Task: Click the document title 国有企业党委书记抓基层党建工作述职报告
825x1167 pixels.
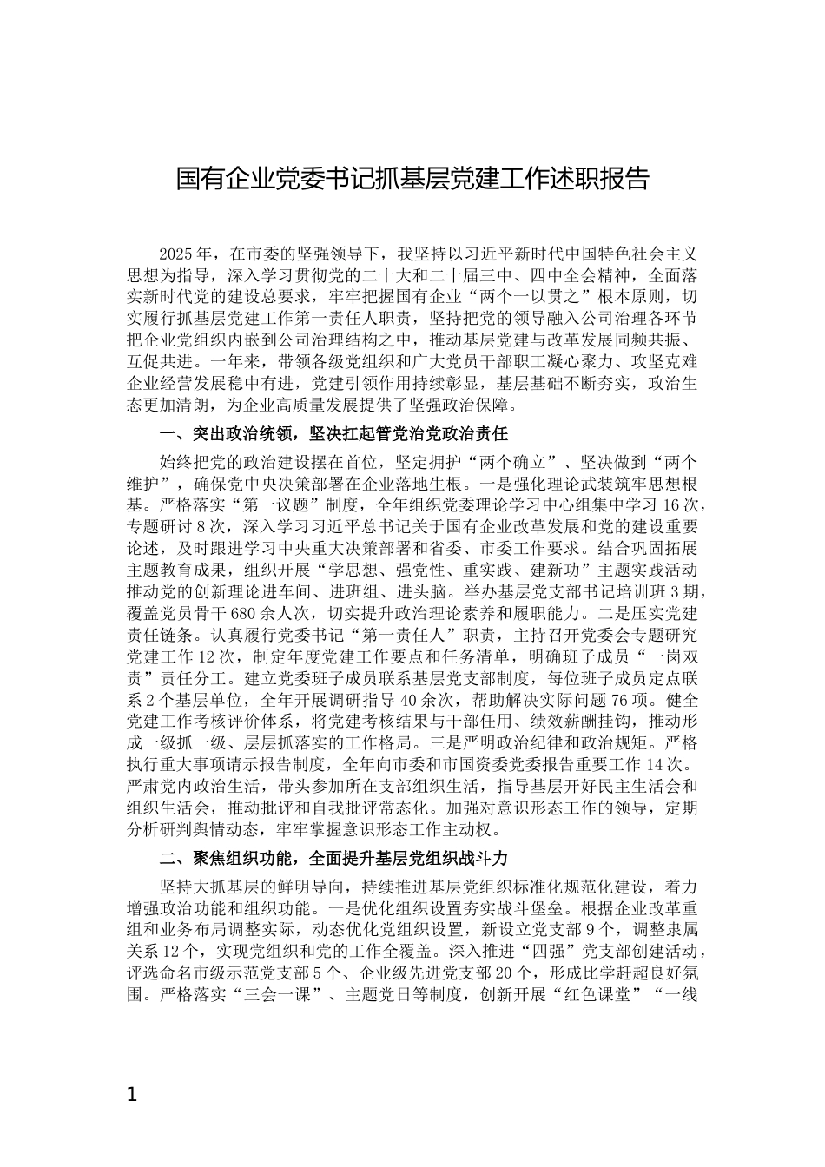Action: coord(412,180)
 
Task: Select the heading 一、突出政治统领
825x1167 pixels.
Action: coord(227,433)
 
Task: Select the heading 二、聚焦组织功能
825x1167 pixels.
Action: coord(227,859)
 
